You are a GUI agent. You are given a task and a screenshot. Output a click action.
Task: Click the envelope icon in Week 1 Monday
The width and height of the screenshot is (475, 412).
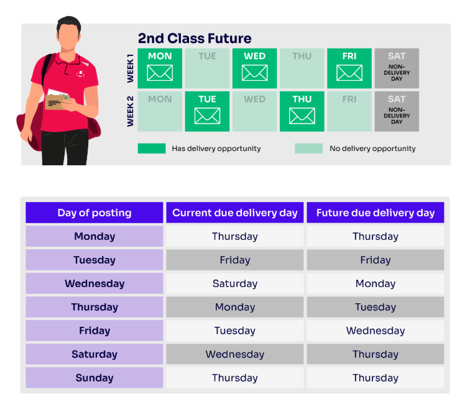pyautogui.click(x=160, y=73)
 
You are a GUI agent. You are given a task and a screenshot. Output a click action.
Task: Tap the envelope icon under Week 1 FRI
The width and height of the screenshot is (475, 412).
pyautogui.click(x=349, y=73)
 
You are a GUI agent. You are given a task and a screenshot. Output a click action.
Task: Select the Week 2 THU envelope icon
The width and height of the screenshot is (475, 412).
pyautogui.click(x=302, y=116)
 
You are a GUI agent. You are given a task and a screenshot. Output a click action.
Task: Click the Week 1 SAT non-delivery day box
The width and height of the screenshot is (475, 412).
pyautogui.click(x=397, y=68)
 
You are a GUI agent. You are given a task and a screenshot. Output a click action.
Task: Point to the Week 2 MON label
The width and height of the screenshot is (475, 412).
pyautogui.click(x=160, y=99)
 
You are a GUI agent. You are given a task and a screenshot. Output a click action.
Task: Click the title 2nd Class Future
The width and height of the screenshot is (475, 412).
pyautogui.click(x=195, y=39)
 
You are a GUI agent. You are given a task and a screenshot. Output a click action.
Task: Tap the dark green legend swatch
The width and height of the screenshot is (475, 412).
pyautogui.click(x=152, y=149)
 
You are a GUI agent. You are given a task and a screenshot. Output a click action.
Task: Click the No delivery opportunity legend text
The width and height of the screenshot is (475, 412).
pyautogui.click(x=372, y=149)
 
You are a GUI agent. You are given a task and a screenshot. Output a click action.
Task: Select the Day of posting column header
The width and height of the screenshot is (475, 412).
pyautogui.click(x=95, y=213)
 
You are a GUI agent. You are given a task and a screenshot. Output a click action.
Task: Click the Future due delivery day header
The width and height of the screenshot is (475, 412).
pyautogui.click(x=376, y=213)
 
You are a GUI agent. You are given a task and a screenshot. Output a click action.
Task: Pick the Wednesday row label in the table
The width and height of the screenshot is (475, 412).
pyautogui.click(x=95, y=283)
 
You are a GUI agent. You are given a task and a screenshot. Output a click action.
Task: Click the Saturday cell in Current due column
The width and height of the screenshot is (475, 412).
pyautogui.click(x=235, y=283)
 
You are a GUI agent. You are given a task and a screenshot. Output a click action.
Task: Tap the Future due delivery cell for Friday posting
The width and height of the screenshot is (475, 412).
pyautogui.click(x=376, y=331)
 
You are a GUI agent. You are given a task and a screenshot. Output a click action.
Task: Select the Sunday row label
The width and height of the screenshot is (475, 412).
pyautogui.click(x=95, y=378)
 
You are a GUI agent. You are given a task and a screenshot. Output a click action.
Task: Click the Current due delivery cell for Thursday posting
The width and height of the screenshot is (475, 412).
pyautogui.click(x=235, y=307)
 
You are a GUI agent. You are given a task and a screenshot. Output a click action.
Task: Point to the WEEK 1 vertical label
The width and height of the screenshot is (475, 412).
pyautogui.click(x=131, y=68)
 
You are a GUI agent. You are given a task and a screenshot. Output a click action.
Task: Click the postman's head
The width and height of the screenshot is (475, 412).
pyautogui.click(x=69, y=33)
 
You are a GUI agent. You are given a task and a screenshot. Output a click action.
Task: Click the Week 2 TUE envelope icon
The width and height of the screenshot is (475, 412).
pyautogui.click(x=207, y=116)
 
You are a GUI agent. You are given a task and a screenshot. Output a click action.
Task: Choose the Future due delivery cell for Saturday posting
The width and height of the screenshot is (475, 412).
pyautogui.click(x=376, y=354)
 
